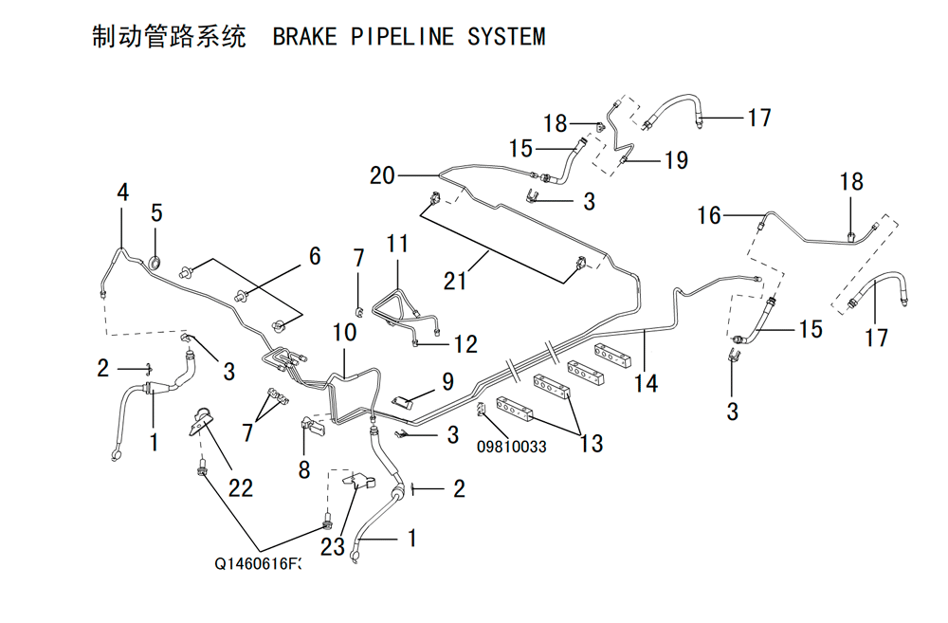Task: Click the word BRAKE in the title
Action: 304,37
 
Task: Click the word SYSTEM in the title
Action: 506,37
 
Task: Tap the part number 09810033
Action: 512,447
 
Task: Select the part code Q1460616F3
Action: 257,563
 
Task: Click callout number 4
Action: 122,192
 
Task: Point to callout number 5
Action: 156,213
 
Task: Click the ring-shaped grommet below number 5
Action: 155,262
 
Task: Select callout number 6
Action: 315,256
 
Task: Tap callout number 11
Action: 397,244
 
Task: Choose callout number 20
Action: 382,175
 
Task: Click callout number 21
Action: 455,281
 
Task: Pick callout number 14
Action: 646,383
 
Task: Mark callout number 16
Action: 709,215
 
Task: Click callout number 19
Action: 677,160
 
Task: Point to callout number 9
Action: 448,381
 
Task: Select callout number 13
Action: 592,444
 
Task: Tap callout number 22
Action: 241,487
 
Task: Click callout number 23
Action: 333,547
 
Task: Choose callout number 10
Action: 345,332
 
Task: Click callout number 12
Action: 465,344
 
